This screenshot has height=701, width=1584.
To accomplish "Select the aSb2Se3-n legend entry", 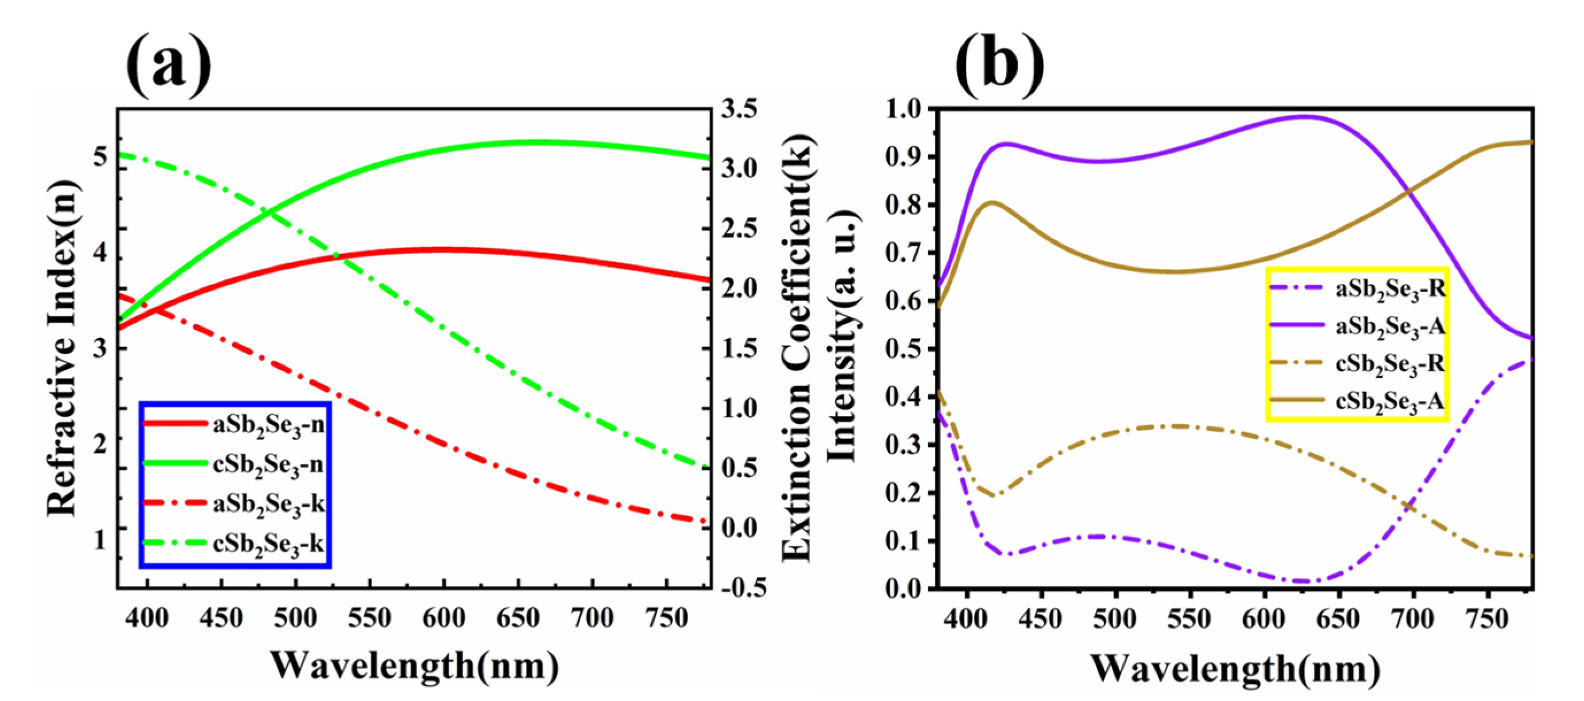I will click(x=268, y=425).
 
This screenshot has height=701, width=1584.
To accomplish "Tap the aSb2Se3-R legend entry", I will click(x=1390, y=288).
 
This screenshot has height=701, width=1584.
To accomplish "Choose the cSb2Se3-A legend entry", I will click(x=1389, y=401).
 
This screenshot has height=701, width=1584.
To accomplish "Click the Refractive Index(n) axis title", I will click(x=63, y=348).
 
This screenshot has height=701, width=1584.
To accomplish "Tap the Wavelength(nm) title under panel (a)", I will click(x=415, y=666).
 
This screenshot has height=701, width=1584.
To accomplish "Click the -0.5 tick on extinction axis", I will click(x=743, y=588).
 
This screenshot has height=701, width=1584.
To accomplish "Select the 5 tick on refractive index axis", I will click(x=99, y=157).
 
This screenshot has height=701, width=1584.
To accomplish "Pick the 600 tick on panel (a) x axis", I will click(x=443, y=617).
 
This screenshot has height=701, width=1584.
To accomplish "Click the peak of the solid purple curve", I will click(x=1304, y=115).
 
